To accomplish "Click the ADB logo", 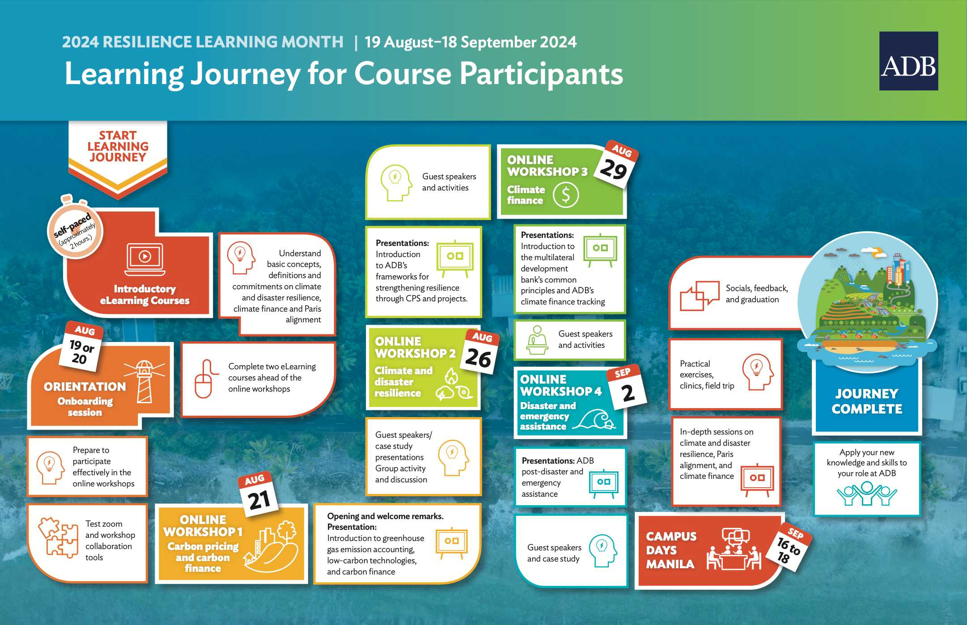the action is (908, 61).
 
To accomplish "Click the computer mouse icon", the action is (204, 379).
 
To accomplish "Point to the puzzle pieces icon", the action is (58, 537).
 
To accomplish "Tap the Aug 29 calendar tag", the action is (616, 164).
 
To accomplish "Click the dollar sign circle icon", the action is (566, 195).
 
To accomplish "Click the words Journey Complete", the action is (867, 401).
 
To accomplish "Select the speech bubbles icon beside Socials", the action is (700, 296).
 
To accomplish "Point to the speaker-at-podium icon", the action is (538, 340).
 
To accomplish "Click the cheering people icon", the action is (867, 494).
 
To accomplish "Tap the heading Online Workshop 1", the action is (203, 526).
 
